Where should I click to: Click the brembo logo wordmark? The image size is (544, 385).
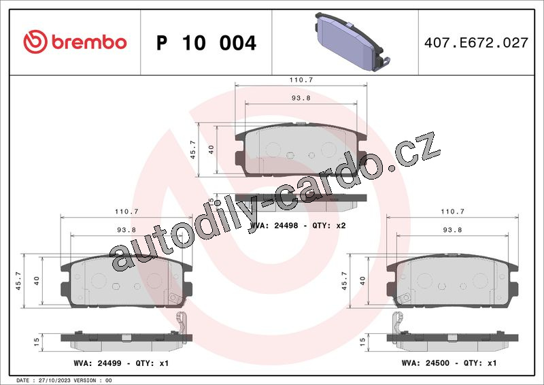click(89, 42)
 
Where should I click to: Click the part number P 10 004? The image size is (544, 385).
click(206, 43)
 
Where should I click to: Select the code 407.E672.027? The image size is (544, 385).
click(476, 43)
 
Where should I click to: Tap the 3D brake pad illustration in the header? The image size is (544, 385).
click(353, 42)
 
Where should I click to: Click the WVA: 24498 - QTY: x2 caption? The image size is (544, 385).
click(298, 226)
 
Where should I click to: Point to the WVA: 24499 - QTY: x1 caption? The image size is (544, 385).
click(121, 363)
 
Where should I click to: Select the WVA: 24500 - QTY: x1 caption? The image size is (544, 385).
click(449, 363)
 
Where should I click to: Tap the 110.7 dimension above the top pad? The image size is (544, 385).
click(301, 80)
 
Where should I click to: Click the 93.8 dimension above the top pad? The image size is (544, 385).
click(301, 98)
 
